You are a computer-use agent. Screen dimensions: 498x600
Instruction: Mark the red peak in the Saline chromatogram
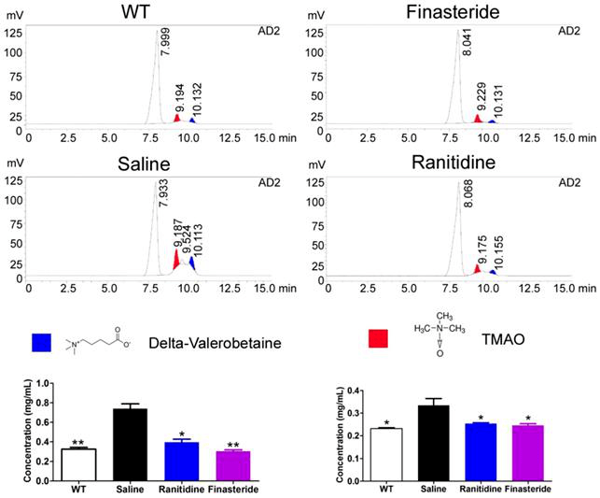(x=174, y=260)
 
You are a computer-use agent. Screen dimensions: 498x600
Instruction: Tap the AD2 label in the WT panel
(x=269, y=31)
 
